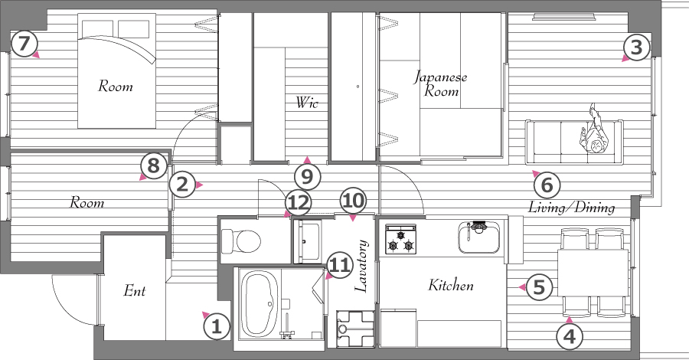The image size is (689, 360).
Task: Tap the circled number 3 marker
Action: click(636, 47)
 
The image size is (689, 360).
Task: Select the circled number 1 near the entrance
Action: click(216, 327)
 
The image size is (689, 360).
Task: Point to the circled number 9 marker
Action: click(307, 177)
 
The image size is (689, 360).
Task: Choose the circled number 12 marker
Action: click(299, 204)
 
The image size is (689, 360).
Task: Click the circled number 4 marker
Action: click(570, 337)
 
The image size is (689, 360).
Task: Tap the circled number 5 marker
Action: click(539, 287)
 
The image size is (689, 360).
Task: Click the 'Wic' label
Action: click(307, 103)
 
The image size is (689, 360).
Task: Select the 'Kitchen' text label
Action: click(451, 285)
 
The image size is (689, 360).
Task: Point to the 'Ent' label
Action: click(135, 290)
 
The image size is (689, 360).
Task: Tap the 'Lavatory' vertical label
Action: click(361, 266)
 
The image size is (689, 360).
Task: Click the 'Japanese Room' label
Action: click(441, 83)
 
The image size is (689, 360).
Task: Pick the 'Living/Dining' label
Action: click(571, 207)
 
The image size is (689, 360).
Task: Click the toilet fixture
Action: click(240, 241)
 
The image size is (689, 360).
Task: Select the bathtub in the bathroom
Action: click(260, 303)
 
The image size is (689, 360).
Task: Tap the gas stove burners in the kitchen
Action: click(400, 239)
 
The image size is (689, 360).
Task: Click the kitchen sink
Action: click(479, 237)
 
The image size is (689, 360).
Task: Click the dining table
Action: click(593, 273)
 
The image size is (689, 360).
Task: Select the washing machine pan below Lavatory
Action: click(355, 329)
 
